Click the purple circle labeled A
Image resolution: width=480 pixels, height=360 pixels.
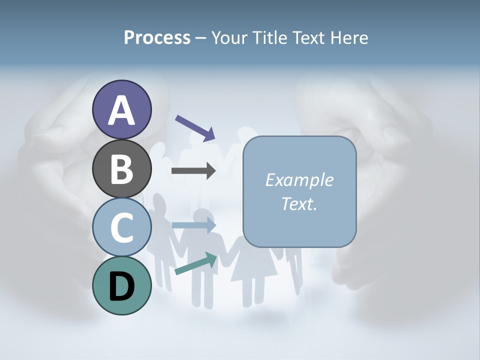click(x=121, y=109)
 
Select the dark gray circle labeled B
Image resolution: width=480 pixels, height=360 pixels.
click(x=121, y=168)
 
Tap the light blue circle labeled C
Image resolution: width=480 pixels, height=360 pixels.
click(x=121, y=227)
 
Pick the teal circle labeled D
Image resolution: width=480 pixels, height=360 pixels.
click(x=121, y=286)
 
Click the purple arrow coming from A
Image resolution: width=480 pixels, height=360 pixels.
click(x=195, y=127)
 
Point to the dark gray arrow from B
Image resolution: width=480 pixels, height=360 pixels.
click(x=193, y=171)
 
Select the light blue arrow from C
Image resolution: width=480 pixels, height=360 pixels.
click(x=193, y=225)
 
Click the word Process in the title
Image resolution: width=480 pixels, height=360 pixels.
click(x=157, y=38)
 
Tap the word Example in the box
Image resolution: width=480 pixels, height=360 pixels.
click(x=299, y=180)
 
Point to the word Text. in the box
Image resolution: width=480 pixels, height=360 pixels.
click(x=299, y=203)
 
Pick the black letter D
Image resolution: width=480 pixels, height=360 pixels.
click(x=122, y=287)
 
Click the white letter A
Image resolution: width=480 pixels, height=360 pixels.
click(x=121, y=110)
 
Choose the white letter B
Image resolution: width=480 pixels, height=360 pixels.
click(x=121, y=169)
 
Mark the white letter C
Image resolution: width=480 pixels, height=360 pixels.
click(x=121, y=227)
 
